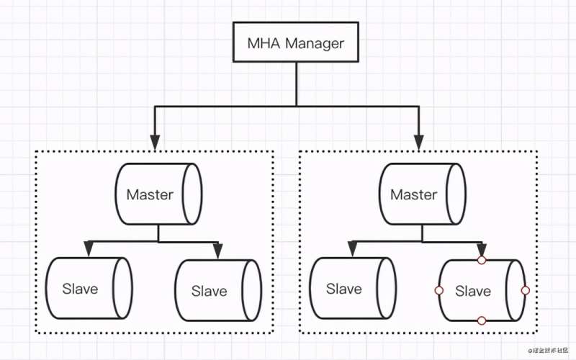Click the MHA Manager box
[x=295, y=42]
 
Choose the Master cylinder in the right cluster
[x=422, y=194]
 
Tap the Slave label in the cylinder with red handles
[x=473, y=292]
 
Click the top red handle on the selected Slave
[x=482, y=260]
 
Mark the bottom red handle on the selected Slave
[x=482, y=320]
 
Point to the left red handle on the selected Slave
[x=438, y=290]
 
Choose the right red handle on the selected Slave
[x=525, y=290]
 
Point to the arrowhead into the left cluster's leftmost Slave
[x=89, y=249]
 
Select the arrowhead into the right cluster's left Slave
[x=352, y=249]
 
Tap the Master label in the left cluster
[x=150, y=194]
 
